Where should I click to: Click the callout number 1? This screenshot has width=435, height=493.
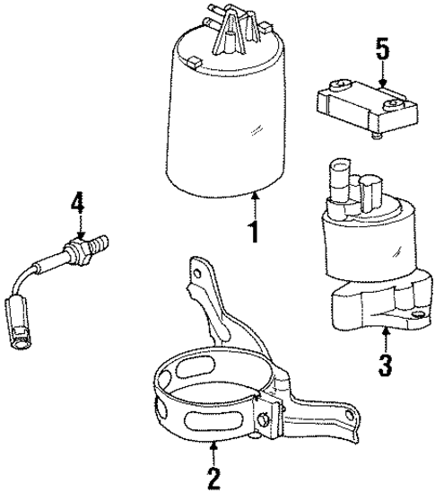click(x=255, y=233)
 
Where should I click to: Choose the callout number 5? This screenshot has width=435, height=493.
click(x=383, y=49)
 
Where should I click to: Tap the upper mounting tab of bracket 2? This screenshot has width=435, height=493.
click(x=199, y=269)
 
